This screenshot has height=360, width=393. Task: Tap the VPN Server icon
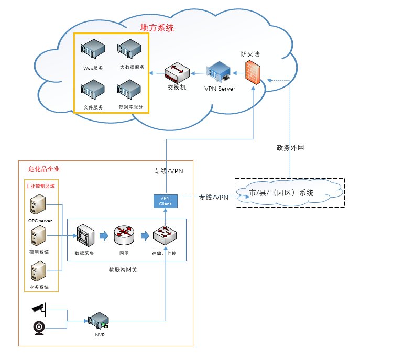pos(219,72)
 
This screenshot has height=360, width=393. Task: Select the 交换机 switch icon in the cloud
pos(176,73)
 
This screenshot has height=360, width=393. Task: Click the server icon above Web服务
pos(93,49)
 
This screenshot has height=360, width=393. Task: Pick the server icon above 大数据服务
pos(129,49)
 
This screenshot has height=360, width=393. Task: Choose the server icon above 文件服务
pos(93,90)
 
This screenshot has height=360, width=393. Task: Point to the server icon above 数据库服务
pos(129,90)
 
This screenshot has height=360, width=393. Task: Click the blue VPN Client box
pos(166,200)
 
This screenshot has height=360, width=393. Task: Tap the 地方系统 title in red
pos(157,28)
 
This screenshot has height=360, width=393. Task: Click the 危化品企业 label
pos(44,169)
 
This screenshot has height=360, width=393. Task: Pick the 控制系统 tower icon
pos(38,237)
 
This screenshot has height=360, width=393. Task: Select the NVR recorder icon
pos(98,321)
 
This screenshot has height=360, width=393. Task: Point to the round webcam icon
pos(39,328)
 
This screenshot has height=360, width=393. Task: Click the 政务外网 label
pos(290,148)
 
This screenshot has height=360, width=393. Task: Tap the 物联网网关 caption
pos(123,269)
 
